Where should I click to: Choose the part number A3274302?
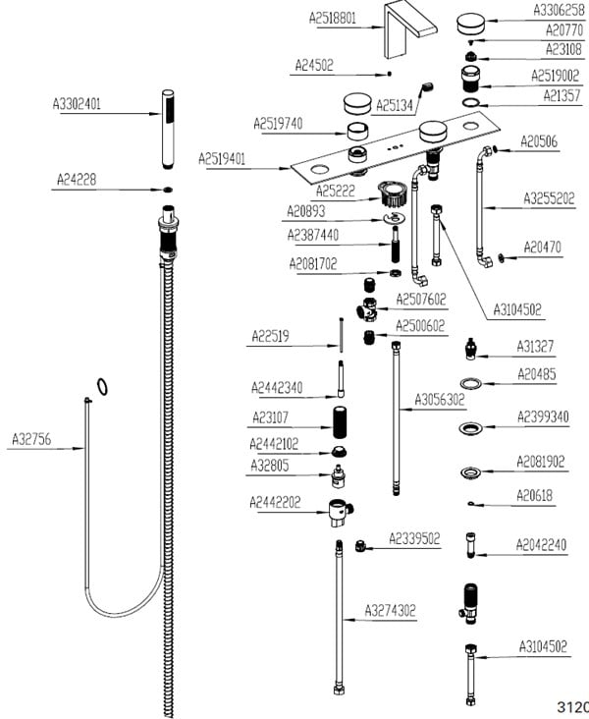(391, 610)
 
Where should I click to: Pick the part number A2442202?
(275, 502)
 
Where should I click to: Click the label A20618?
(535, 497)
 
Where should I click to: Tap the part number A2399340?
(543, 417)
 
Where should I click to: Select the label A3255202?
(548, 198)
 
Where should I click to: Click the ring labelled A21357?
(472, 101)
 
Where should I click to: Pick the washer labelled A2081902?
(472, 473)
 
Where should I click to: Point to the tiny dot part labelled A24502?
(390, 72)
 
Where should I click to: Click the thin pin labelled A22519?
(338, 335)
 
